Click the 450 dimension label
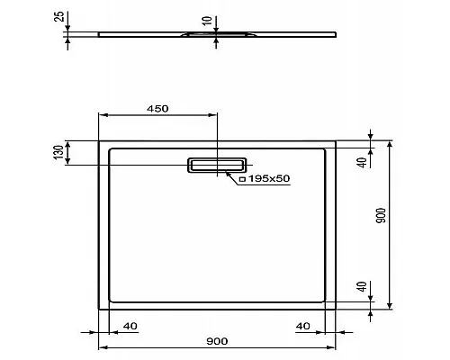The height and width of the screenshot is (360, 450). (x=158, y=108)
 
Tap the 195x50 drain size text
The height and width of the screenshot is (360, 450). (x=269, y=179)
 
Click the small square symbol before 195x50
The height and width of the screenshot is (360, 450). (x=242, y=180)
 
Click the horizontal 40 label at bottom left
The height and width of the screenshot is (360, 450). (x=130, y=325)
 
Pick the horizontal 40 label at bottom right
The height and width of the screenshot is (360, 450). (x=302, y=325)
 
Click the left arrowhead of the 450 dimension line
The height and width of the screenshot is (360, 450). (x=101, y=116)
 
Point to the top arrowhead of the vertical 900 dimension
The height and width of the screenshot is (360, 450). (x=390, y=143)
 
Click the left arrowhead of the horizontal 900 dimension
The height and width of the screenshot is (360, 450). (x=101, y=346)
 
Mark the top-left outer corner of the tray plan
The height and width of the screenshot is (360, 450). (x=98, y=139)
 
